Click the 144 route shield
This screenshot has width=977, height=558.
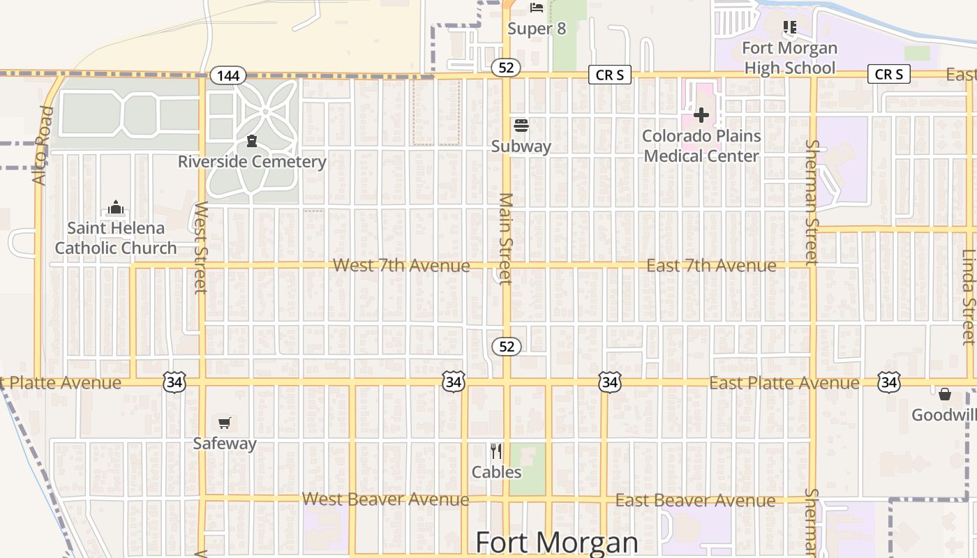click(228, 75)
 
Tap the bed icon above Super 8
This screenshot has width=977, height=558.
click(536, 8)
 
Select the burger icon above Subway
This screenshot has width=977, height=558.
click(521, 126)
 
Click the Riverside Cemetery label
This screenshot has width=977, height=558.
click(252, 162)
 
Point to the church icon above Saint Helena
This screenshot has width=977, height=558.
click(115, 208)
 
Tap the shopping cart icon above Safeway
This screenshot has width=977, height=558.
click(224, 423)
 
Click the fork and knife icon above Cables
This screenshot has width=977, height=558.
click(496, 451)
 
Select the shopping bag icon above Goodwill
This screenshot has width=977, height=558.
click(945, 395)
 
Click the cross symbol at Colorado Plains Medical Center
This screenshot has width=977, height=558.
click(701, 115)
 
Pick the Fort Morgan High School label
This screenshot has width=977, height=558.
click(789, 58)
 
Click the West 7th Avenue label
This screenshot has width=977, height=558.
click(401, 266)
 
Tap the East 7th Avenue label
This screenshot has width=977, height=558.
click(711, 266)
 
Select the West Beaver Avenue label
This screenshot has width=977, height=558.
click(385, 499)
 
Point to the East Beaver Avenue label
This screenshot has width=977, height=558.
click(695, 501)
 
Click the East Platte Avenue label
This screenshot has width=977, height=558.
click(784, 383)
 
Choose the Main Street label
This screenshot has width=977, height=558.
click(506, 239)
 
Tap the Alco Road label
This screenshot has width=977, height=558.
click(43, 146)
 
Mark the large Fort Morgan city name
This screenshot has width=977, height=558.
click(556, 543)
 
